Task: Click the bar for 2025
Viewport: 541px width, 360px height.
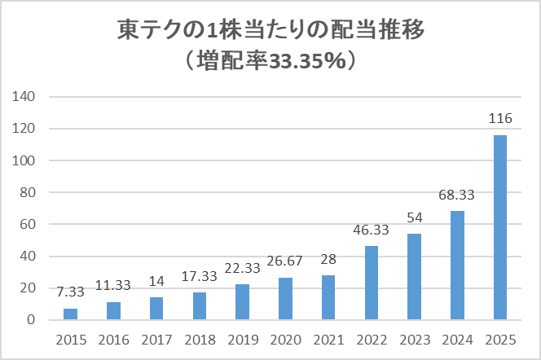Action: (499, 227)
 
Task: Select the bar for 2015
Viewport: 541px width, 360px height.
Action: (70, 314)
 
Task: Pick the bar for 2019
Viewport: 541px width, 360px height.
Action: (241, 302)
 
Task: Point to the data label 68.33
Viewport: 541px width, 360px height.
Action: (456, 195)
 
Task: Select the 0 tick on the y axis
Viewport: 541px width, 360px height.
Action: (33, 320)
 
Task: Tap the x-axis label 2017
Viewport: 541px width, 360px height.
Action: (156, 338)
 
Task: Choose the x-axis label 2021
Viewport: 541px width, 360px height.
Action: (328, 338)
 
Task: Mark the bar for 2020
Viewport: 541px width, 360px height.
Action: (284, 299)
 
